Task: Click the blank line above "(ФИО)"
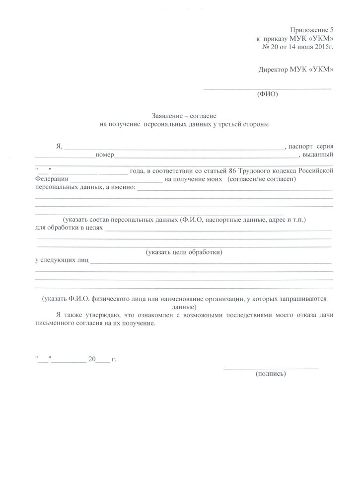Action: click(268, 88)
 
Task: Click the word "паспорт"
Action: click(301, 146)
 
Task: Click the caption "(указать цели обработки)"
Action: click(184, 252)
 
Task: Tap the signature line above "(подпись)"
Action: click(271, 368)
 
